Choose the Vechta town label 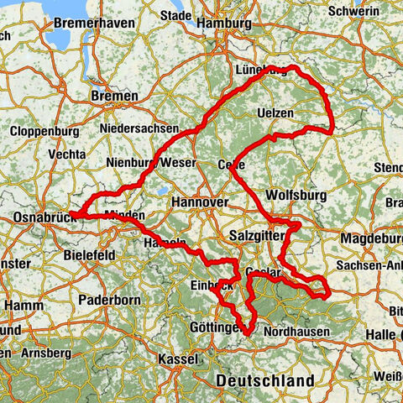point(67,154)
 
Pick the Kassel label point(177,359)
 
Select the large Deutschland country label point(264,380)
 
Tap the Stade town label point(165,14)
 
